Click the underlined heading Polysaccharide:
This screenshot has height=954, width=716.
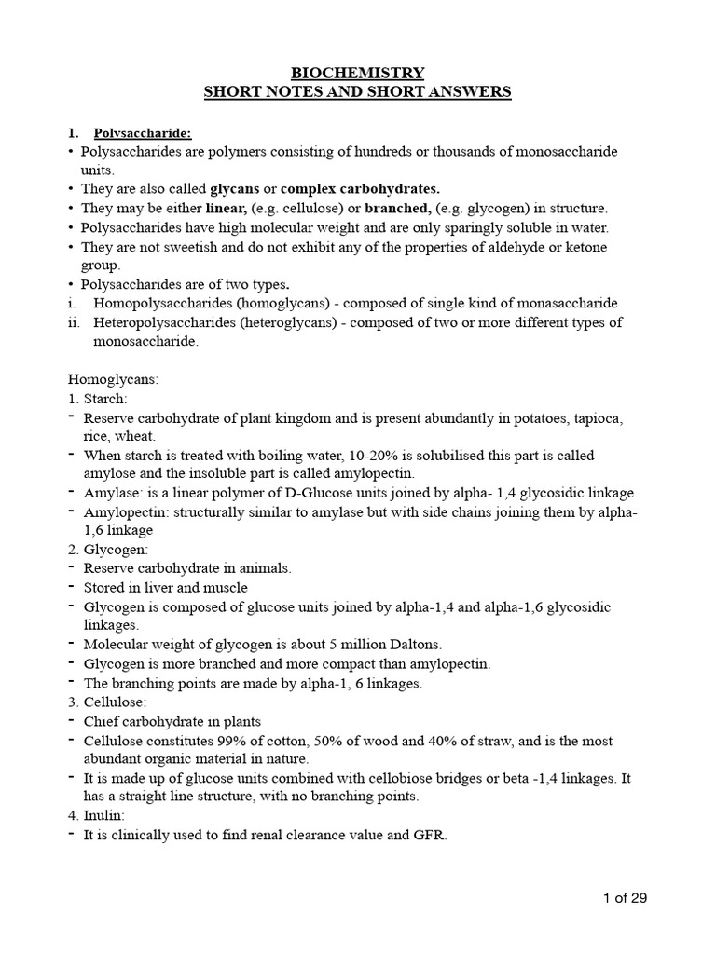[143, 132]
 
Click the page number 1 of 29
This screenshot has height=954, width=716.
[624, 898]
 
